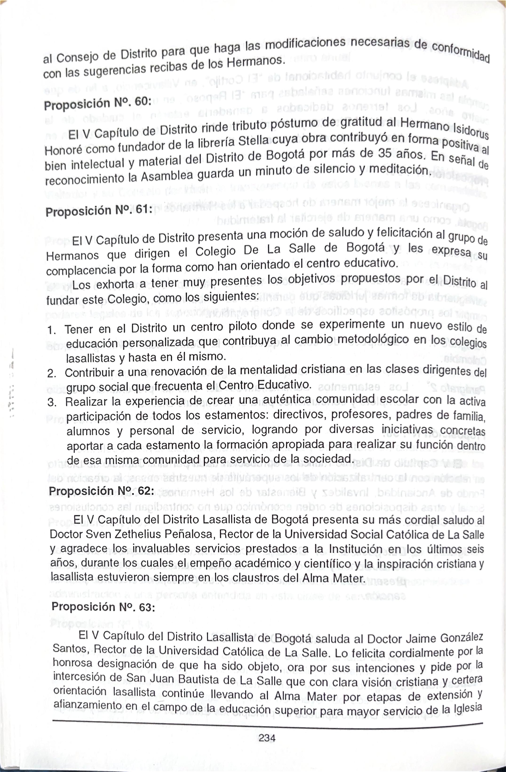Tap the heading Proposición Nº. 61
[x=99, y=211]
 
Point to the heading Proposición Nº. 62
[x=101, y=491]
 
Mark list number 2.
[x=52, y=374]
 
